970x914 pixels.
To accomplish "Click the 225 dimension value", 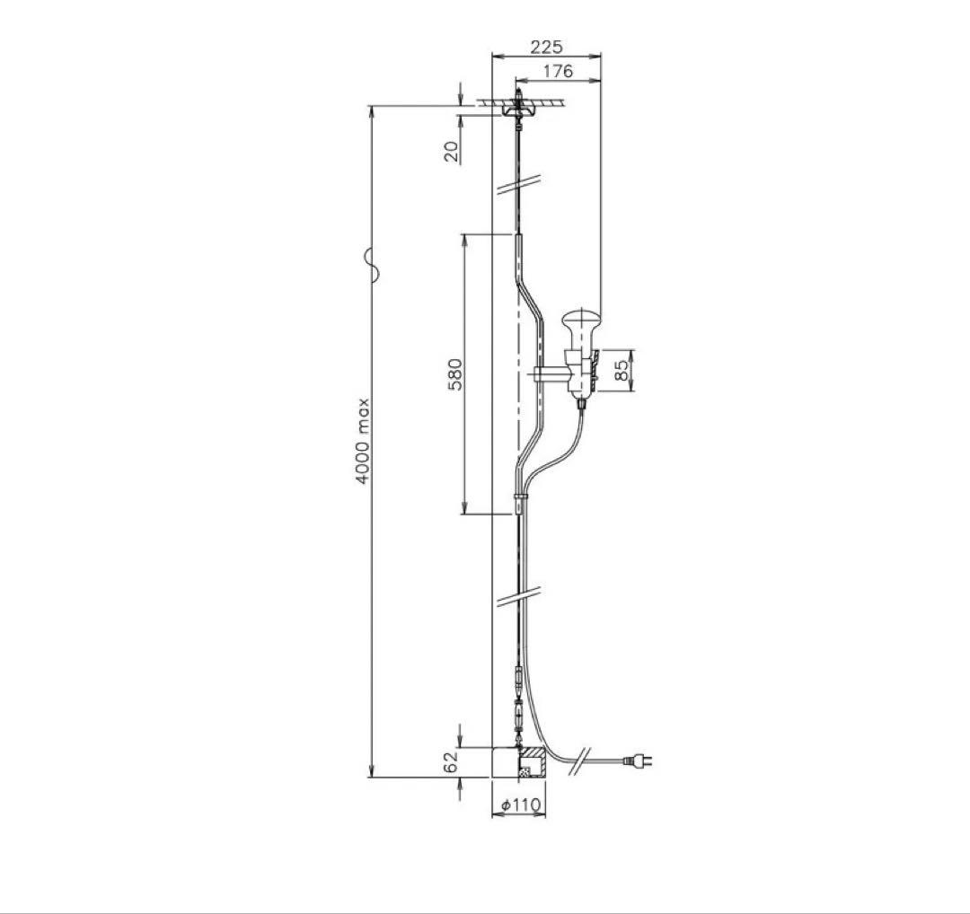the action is coord(547,47).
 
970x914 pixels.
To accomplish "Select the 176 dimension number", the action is coord(558,71).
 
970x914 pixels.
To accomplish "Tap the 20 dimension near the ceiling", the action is coord(452,152).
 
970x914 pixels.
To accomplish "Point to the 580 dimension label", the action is coord(455,374).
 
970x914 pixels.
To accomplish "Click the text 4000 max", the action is coord(363,441).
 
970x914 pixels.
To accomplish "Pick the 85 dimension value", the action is coord(622,371).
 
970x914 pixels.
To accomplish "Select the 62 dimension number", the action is coord(452,761).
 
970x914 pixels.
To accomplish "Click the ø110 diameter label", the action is coord(521,805).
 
